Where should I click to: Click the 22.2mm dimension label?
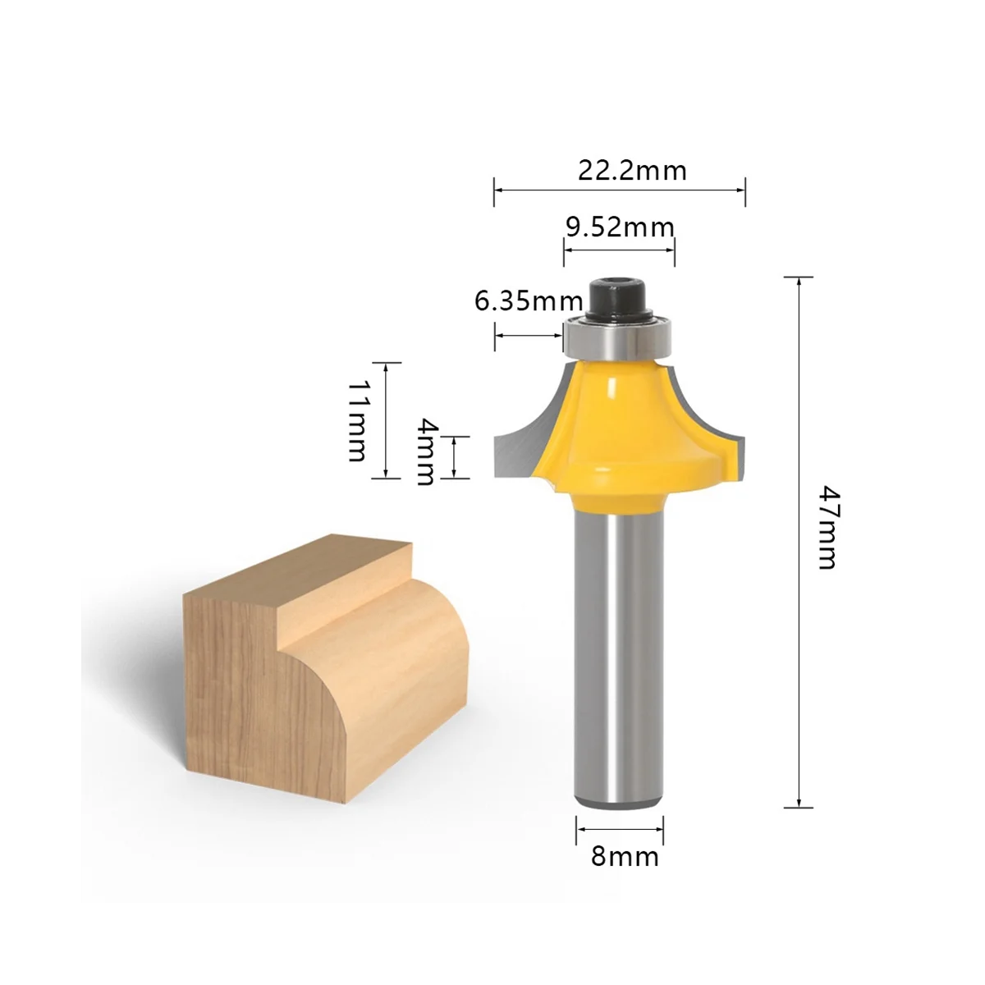point(632,171)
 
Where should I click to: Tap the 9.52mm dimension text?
point(620,226)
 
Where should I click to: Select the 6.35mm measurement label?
point(528,301)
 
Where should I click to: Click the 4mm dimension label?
point(425,451)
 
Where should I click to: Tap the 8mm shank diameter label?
point(625,857)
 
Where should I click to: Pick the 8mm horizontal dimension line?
point(619,830)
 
